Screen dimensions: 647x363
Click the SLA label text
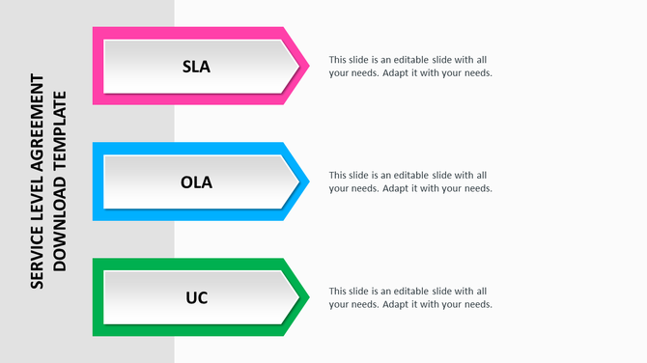(x=196, y=67)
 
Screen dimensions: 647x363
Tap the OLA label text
(x=196, y=182)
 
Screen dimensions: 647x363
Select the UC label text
(x=196, y=297)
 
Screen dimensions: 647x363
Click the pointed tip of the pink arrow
(x=307, y=66)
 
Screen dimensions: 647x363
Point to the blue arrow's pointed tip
(x=307, y=181)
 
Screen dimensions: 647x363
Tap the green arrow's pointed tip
(x=307, y=297)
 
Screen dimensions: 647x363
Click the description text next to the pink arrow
(x=410, y=66)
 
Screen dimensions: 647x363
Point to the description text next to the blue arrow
(x=410, y=181)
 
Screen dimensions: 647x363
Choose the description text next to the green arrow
(x=410, y=297)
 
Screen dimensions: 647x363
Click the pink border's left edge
(x=97, y=66)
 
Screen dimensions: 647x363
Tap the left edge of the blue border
(x=97, y=181)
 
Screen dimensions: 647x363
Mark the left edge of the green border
(x=97, y=297)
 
